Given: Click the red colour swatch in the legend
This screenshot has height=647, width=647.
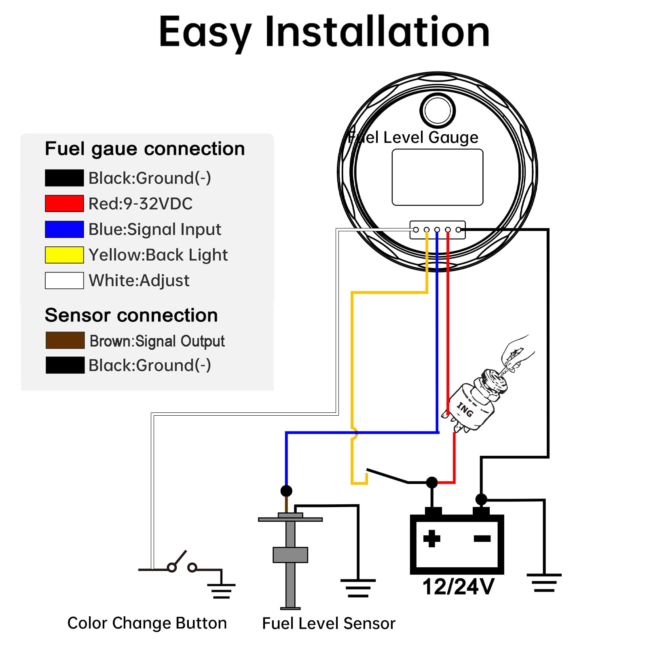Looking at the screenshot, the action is (64, 203).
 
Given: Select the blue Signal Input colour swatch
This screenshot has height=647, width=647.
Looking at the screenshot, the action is (64, 229).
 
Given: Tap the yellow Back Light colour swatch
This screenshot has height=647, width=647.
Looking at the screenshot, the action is (64, 255).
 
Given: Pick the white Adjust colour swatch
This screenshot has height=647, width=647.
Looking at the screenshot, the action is (64, 281).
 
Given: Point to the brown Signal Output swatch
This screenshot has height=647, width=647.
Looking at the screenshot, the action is (65, 340).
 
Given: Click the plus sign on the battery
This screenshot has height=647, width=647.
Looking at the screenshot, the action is (431, 538).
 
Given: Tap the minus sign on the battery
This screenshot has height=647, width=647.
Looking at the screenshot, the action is (482, 538).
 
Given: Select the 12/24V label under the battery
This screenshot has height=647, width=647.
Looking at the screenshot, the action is (458, 587).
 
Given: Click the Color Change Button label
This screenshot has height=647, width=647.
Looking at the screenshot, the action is (147, 623).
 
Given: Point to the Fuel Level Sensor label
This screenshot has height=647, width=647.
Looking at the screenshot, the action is (328, 624).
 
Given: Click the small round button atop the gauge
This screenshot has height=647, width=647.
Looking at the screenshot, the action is (438, 110).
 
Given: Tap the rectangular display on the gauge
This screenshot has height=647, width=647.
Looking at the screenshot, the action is (438, 177).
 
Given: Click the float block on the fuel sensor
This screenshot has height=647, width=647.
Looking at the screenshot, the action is (290, 555).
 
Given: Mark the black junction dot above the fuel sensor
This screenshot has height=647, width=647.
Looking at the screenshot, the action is (286, 491).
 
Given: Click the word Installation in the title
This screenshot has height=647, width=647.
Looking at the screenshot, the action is (377, 32).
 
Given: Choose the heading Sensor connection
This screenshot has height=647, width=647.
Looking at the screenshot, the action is (131, 315).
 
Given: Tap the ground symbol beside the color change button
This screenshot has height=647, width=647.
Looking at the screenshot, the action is (221, 591).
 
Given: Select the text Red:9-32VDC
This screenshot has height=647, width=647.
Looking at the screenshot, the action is (141, 204).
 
